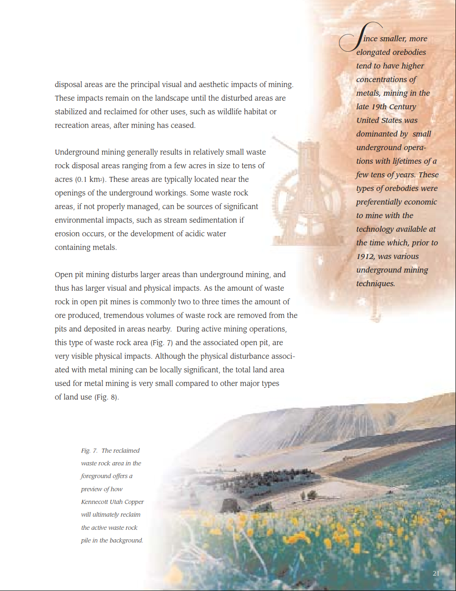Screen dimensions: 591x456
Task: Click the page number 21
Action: (436, 573)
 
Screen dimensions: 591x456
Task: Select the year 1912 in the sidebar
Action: (365, 256)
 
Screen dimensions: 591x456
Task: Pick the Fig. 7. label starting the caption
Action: (89, 450)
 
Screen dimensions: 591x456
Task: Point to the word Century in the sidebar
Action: (402, 107)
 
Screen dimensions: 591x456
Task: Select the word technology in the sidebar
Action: (375, 229)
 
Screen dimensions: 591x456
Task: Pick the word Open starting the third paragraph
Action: (64, 274)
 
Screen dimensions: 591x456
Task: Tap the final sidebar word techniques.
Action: (375, 283)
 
